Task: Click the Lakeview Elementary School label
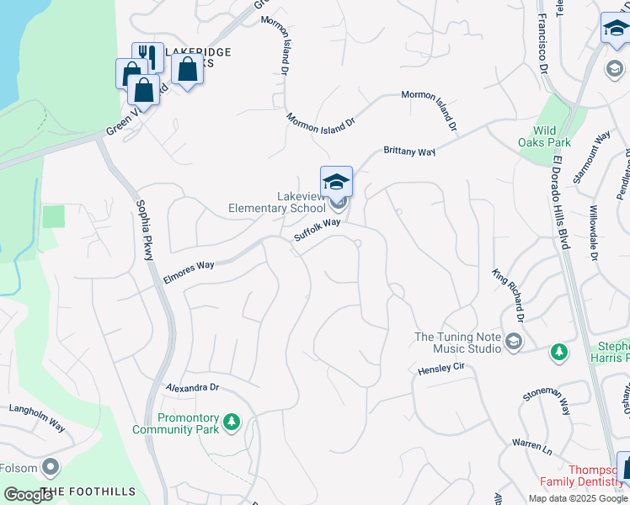(x=277, y=202)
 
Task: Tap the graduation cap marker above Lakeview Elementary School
(x=336, y=181)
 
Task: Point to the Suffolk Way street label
(x=317, y=231)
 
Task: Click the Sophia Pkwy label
(x=144, y=229)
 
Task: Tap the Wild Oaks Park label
(x=557, y=136)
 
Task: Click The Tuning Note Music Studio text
(x=456, y=343)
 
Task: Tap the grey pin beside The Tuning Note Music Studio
(x=513, y=342)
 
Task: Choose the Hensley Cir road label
(x=441, y=369)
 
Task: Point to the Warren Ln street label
(x=530, y=447)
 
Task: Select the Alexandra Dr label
(x=192, y=388)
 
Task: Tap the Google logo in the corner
(x=29, y=495)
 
